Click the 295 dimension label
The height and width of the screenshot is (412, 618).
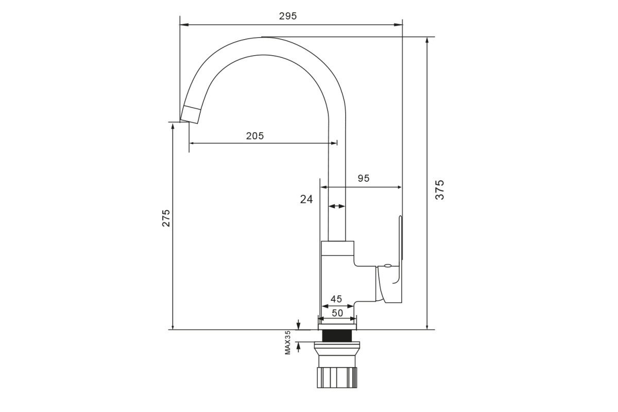click(x=288, y=16)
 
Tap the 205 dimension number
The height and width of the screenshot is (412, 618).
click(x=255, y=136)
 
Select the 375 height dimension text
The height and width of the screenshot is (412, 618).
click(x=439, y=190)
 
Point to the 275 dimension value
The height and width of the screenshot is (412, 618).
click(x=166, y=218)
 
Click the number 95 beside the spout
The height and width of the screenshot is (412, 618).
click(x=364, y=179)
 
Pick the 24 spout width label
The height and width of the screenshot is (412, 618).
click(x=306, y=199)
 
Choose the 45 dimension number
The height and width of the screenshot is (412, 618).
click(x=336, y=299)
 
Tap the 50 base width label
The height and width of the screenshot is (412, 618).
click(x=337, y=313)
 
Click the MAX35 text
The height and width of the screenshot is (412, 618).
click(x=288, y=342)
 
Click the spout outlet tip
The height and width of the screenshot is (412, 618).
click(x=190, y=114)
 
